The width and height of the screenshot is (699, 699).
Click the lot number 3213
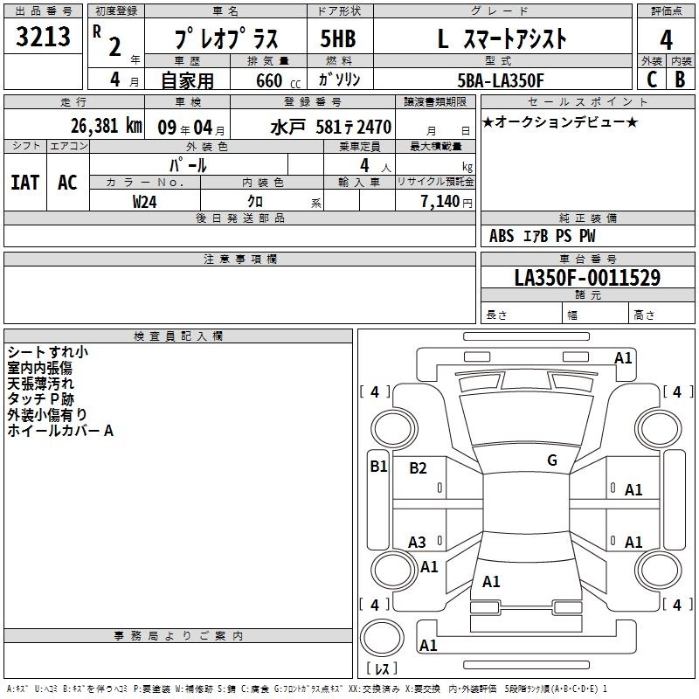(x=43, y=37)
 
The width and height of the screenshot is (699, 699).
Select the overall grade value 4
(x=666, y=40)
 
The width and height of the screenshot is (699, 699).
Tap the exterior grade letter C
(x=652, y=80)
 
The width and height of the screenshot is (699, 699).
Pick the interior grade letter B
(x=680, y=80)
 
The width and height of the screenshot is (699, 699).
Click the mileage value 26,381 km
(x=107, y=126)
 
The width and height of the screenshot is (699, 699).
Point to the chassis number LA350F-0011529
(x=587, y=278)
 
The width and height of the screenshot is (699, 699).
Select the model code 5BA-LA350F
(x=501, y=80)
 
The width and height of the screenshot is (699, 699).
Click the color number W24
(x=144, y=202)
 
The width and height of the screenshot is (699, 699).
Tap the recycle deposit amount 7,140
(x=440, y=202)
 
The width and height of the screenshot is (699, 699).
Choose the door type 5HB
(x=338, y=38)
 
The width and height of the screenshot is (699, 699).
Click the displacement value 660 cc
(x=278, y=81)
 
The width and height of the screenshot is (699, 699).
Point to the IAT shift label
(x=25, y=183)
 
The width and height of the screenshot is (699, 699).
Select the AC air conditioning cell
(x=67, y=183)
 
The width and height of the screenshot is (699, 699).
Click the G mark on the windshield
(x=552, y=460)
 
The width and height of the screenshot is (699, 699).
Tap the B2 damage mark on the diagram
(x=418, y=468)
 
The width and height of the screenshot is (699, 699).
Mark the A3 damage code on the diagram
(x=417, y=543)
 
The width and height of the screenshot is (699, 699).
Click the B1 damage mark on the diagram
(x=378, y=467)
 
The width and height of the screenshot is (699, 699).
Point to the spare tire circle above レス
(x=382, y=638)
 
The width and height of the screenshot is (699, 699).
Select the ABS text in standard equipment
(x=502, y=236)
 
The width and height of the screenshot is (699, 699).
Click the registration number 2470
(x=374, y=128)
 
